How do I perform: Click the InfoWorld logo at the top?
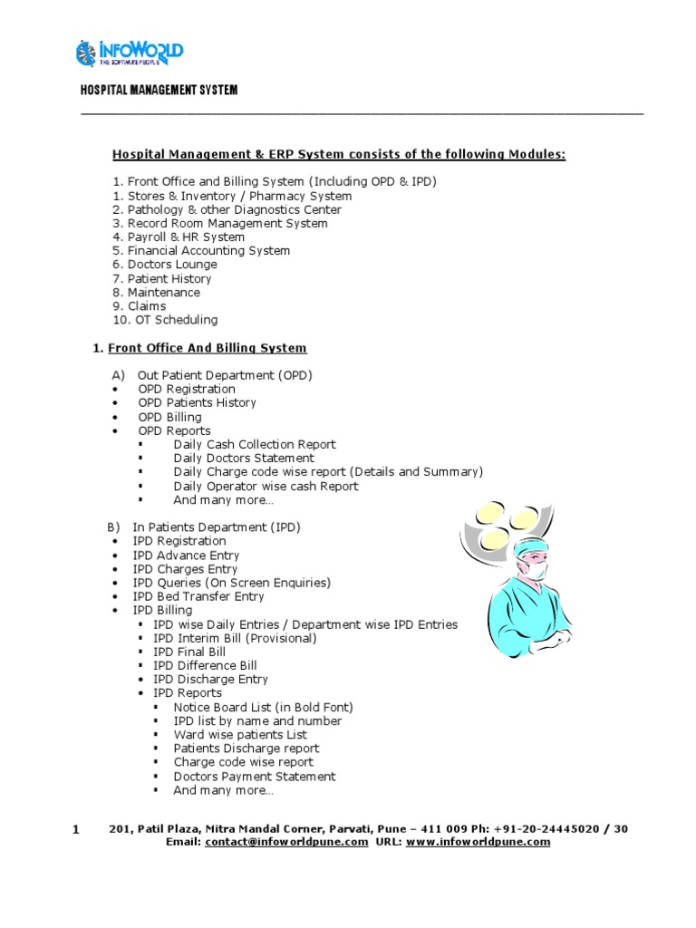(130, 53)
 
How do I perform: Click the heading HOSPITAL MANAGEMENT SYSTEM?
(159, 90)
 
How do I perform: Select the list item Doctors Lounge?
(171, 265)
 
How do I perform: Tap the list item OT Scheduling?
(172, 320)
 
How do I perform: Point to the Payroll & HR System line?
(185, 237)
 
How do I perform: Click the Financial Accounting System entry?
(208, 251)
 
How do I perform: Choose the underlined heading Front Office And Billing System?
(208, 348)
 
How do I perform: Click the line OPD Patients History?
(197, 402)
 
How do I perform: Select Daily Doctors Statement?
(244, 459)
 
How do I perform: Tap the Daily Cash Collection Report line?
(254, 444)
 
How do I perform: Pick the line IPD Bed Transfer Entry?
(198, 596)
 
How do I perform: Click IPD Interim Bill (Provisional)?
(235, 638)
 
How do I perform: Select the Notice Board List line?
(263, 707)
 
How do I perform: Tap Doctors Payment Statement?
(254, 776)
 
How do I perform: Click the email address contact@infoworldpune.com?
(286, 842)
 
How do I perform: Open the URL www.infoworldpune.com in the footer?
(478, 842)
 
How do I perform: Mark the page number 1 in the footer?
(76, 829)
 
